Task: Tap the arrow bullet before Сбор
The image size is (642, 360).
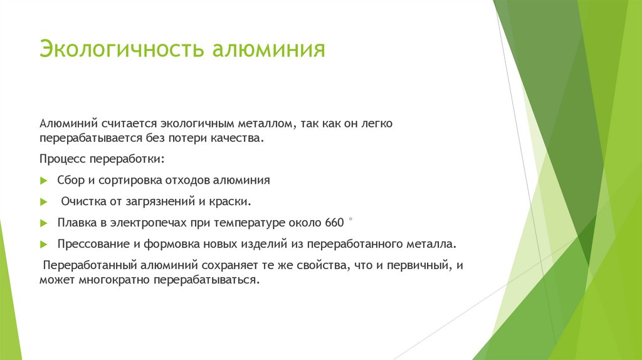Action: point(43,181)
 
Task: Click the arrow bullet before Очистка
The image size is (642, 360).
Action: point(43,202)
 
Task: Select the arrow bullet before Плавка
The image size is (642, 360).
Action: point(43,223)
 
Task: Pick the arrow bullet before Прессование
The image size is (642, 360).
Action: point(43,245)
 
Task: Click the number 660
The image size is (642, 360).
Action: point(335,223)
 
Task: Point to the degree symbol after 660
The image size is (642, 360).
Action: point(350,220)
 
